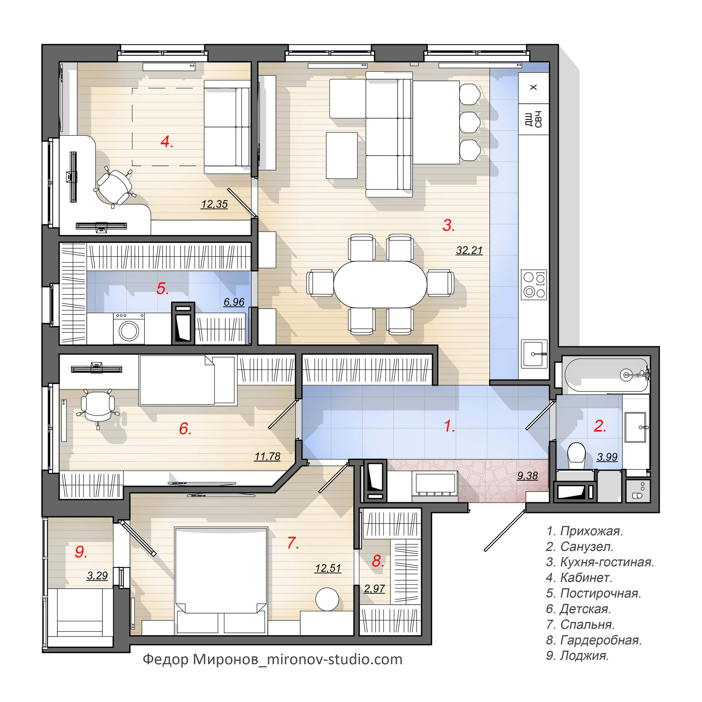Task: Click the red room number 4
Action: pyautogui.click(x=167, y=142)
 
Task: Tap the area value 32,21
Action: pyautogui.click(x=469, y=250)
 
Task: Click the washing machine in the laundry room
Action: pyautogui.click(x=129, y=328)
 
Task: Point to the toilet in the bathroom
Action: pyautogui.click(x=576, y=456)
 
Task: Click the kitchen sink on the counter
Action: pyautogui.click(x=534, y=354)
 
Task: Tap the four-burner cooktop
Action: pyautogui.click(x=534, y=285)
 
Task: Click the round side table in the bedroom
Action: pyautogui.click(x=327, y=599)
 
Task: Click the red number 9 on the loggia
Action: pyautogui.click(x=81, y=552)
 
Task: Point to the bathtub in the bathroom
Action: pyautogui.click(x=606, y=375)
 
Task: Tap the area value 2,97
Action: pyautogui.click(x=374, y=588)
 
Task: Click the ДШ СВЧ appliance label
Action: pyautogui.click(x=534, y=119)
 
